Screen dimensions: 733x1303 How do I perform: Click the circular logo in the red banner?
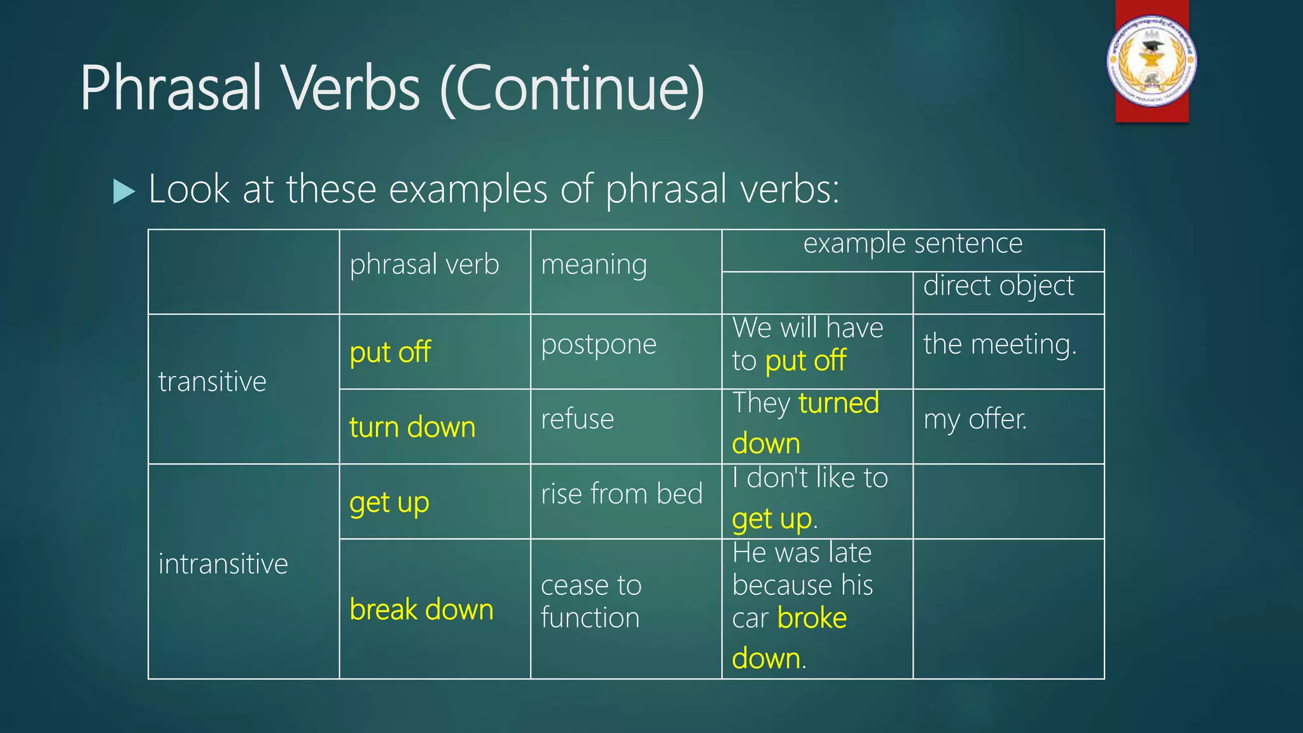1152,61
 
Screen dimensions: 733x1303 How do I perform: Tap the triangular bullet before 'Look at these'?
124,191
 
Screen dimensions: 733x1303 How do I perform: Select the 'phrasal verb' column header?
424,264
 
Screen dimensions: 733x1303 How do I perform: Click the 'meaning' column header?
594,264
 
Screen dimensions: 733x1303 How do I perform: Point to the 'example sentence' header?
912,244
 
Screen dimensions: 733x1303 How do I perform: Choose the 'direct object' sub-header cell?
998,286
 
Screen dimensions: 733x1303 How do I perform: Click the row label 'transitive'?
212,382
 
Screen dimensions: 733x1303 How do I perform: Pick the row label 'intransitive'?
223,564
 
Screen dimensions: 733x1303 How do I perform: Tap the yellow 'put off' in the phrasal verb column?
390,352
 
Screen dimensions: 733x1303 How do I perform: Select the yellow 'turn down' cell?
412,427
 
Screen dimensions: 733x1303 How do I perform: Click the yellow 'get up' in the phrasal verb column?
389,503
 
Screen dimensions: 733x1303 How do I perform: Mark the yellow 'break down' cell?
421,610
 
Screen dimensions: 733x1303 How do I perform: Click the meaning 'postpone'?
598,344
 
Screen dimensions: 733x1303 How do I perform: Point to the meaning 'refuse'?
577,419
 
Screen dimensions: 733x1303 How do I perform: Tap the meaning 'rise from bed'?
622,494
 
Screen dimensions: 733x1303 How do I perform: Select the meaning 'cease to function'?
590,601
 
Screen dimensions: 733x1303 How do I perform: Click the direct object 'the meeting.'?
1000,344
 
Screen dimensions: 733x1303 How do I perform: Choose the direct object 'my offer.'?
975,419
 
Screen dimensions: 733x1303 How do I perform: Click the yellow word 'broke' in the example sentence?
812,618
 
